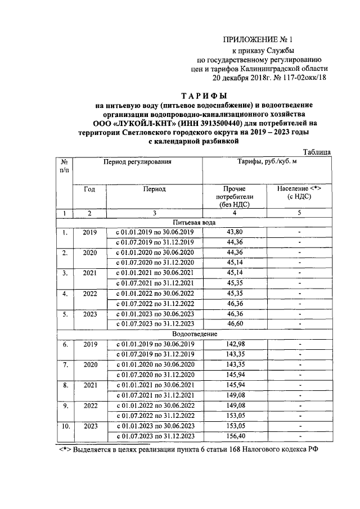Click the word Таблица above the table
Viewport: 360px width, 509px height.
coord(317,152)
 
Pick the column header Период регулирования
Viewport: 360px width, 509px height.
coord(137,162)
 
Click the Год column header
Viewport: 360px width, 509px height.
coord(89,189)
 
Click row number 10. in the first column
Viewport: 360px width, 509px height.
coord(65,426)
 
